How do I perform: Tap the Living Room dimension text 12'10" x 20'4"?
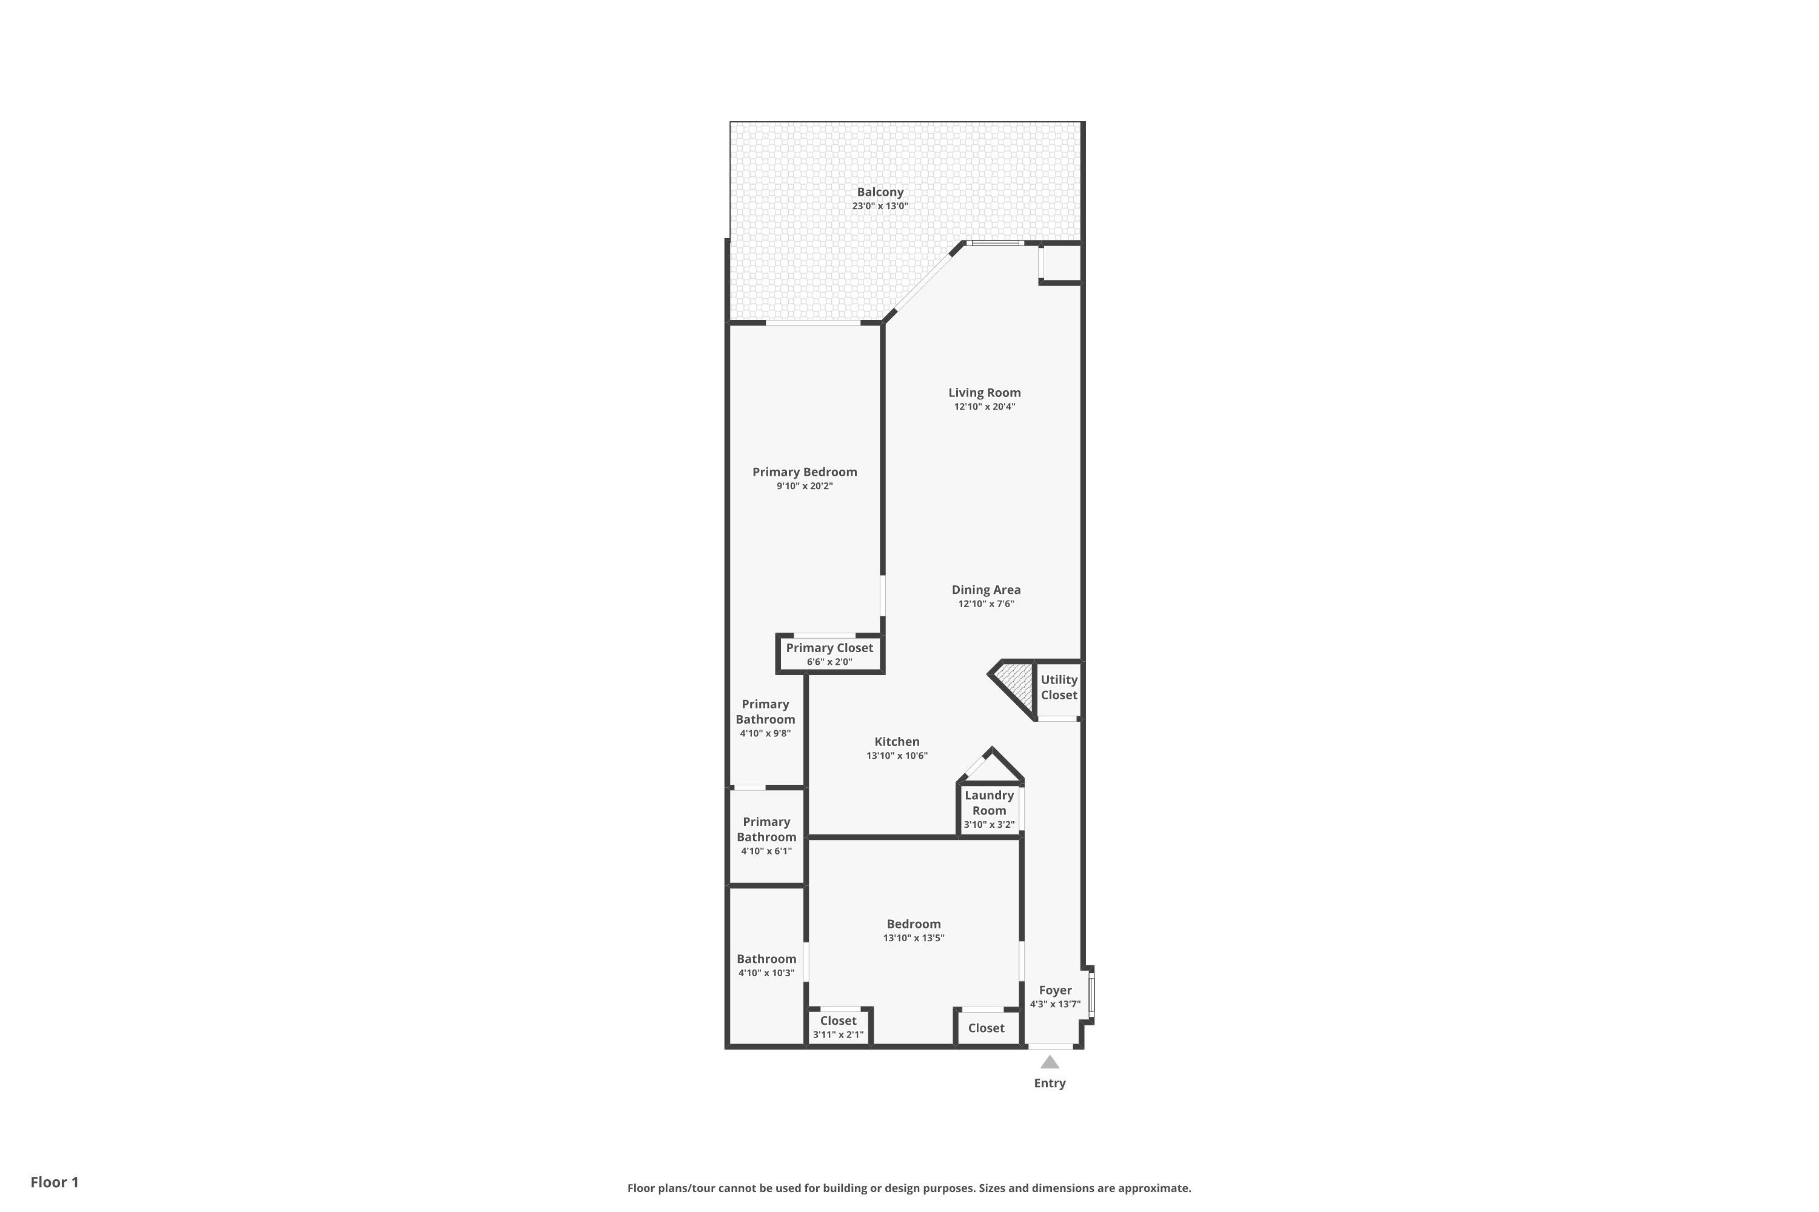(x=985, y=407)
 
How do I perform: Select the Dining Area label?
(x=986, y=590)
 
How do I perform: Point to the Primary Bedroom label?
(x=805, y=472)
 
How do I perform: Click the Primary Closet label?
(x=829, y=648)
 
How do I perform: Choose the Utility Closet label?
(x=1059, y=687)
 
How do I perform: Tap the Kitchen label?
(x=897, y=742)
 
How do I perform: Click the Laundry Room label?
(x=989, y=802)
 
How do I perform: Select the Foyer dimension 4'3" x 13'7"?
(x=1055, y=1004)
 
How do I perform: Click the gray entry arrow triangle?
(x=1050, y=1062)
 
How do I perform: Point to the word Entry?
(x=1050, y=1084)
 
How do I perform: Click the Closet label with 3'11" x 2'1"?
(x=839, y=1021)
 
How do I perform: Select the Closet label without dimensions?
(x=986, y=1028)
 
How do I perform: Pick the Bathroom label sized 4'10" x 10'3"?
(x=766, y=959)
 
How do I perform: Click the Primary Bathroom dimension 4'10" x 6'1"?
(x=766, y=851)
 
